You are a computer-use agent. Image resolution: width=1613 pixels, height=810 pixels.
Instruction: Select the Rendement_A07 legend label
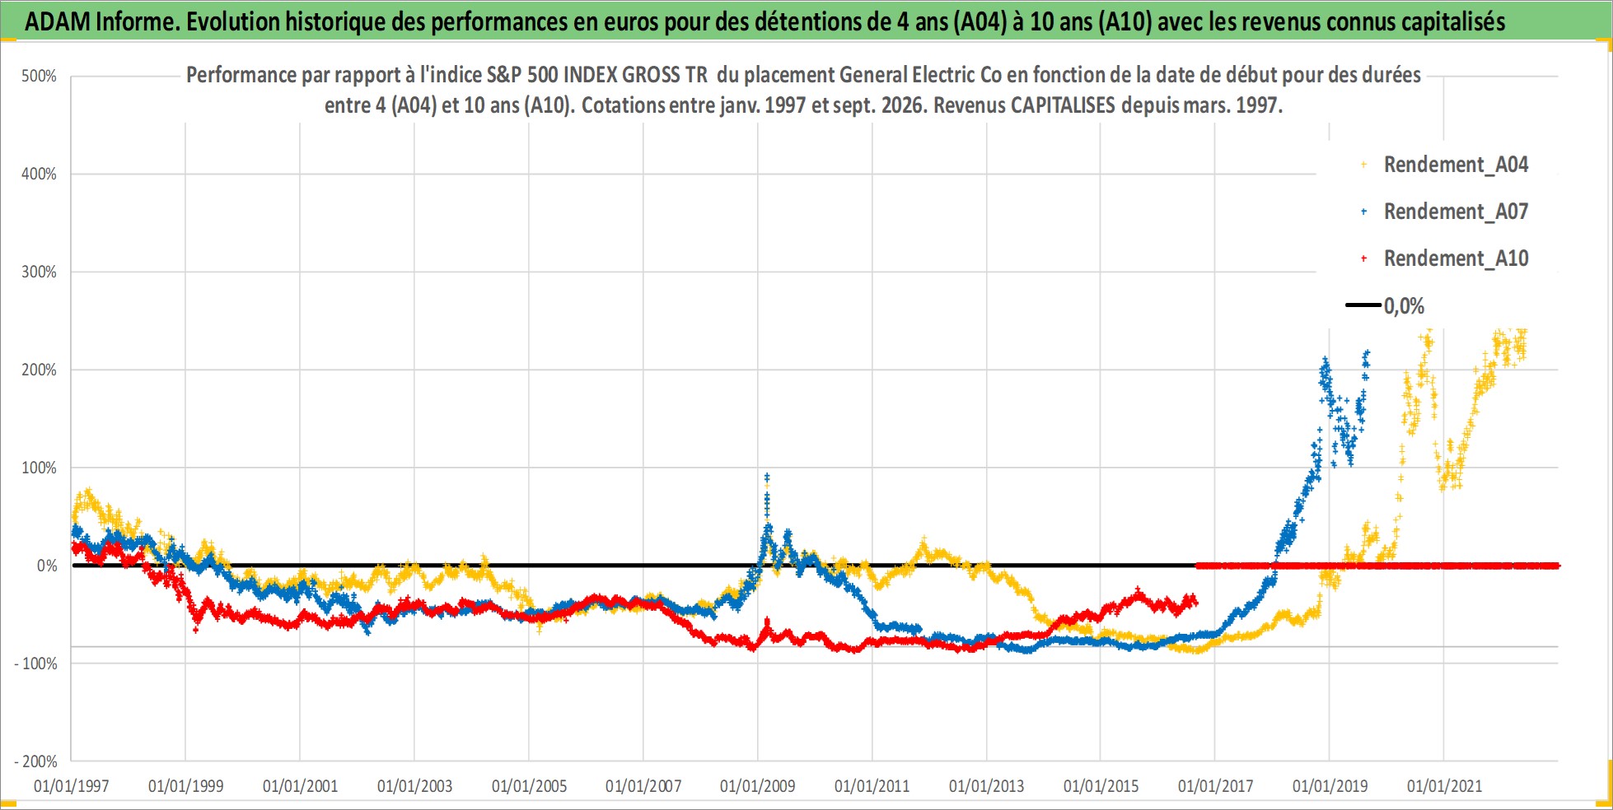pyautogui.click(x=1456, y=212)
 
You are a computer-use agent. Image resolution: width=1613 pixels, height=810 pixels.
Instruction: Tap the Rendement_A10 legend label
pyautogui.click(x=1456, y=258)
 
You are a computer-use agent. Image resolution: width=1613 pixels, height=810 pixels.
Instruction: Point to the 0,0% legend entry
pyautogui.click(x=1386, y=306)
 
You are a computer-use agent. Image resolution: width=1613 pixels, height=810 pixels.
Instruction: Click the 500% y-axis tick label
pyautogui.click(x=39, y=77)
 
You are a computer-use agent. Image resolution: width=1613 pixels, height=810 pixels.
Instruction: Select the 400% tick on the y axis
pyautogui.click(x=39, y=174)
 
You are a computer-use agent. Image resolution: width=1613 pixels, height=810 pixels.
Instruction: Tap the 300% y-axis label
pyautogui.click(x=39, y=272)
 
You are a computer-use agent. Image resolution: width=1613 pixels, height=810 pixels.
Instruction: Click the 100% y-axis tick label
pyautogui.click(x=39, y=468)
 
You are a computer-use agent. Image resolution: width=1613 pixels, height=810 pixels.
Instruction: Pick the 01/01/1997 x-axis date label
pyautogui.click(x=72, y=786)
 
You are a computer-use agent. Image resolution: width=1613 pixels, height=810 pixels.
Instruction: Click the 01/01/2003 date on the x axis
pyautogui.click(x=414, y=786)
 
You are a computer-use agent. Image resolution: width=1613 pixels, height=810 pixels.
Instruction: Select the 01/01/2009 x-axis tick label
pyautogui.click(x=758, y=786)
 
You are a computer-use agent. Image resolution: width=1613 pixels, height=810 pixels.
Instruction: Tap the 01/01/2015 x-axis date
pyautogui.click(x=1101, y=786)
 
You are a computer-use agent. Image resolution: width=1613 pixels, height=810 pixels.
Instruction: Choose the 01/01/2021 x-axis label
pyautogui.click(x=1444, y=786)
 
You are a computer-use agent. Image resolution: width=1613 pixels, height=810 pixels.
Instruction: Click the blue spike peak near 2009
pyautogui.click(x=767, y=476)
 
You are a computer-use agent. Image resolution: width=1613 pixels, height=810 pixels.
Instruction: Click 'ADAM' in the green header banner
pyautogui.click(x=58, y=21)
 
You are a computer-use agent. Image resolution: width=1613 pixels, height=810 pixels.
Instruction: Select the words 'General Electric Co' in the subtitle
pyautogui.click(x=920, y=75)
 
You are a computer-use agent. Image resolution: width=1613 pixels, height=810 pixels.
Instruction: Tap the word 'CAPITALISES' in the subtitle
pyautogui.click(x=1063, y=105)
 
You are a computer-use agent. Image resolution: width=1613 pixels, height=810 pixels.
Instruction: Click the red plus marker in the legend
pyautogui.click(x=1364, y=258)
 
